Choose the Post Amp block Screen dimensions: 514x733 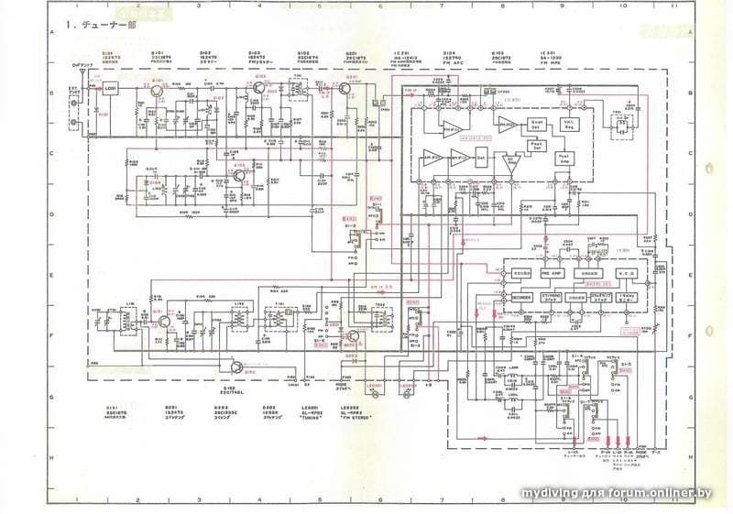click(564, 159)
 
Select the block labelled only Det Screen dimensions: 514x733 click(480, 159)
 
